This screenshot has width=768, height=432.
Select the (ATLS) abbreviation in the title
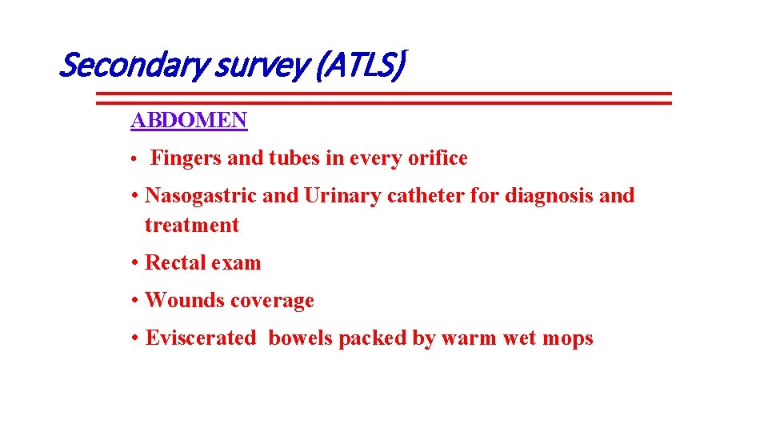[358, 66]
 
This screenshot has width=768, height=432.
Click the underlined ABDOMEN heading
[190, 121]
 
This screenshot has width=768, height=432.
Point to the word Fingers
[186, 158]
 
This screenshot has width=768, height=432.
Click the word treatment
[192, 226]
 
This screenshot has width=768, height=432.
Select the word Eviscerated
[201, 338]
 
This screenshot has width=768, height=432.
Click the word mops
[567, 339]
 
